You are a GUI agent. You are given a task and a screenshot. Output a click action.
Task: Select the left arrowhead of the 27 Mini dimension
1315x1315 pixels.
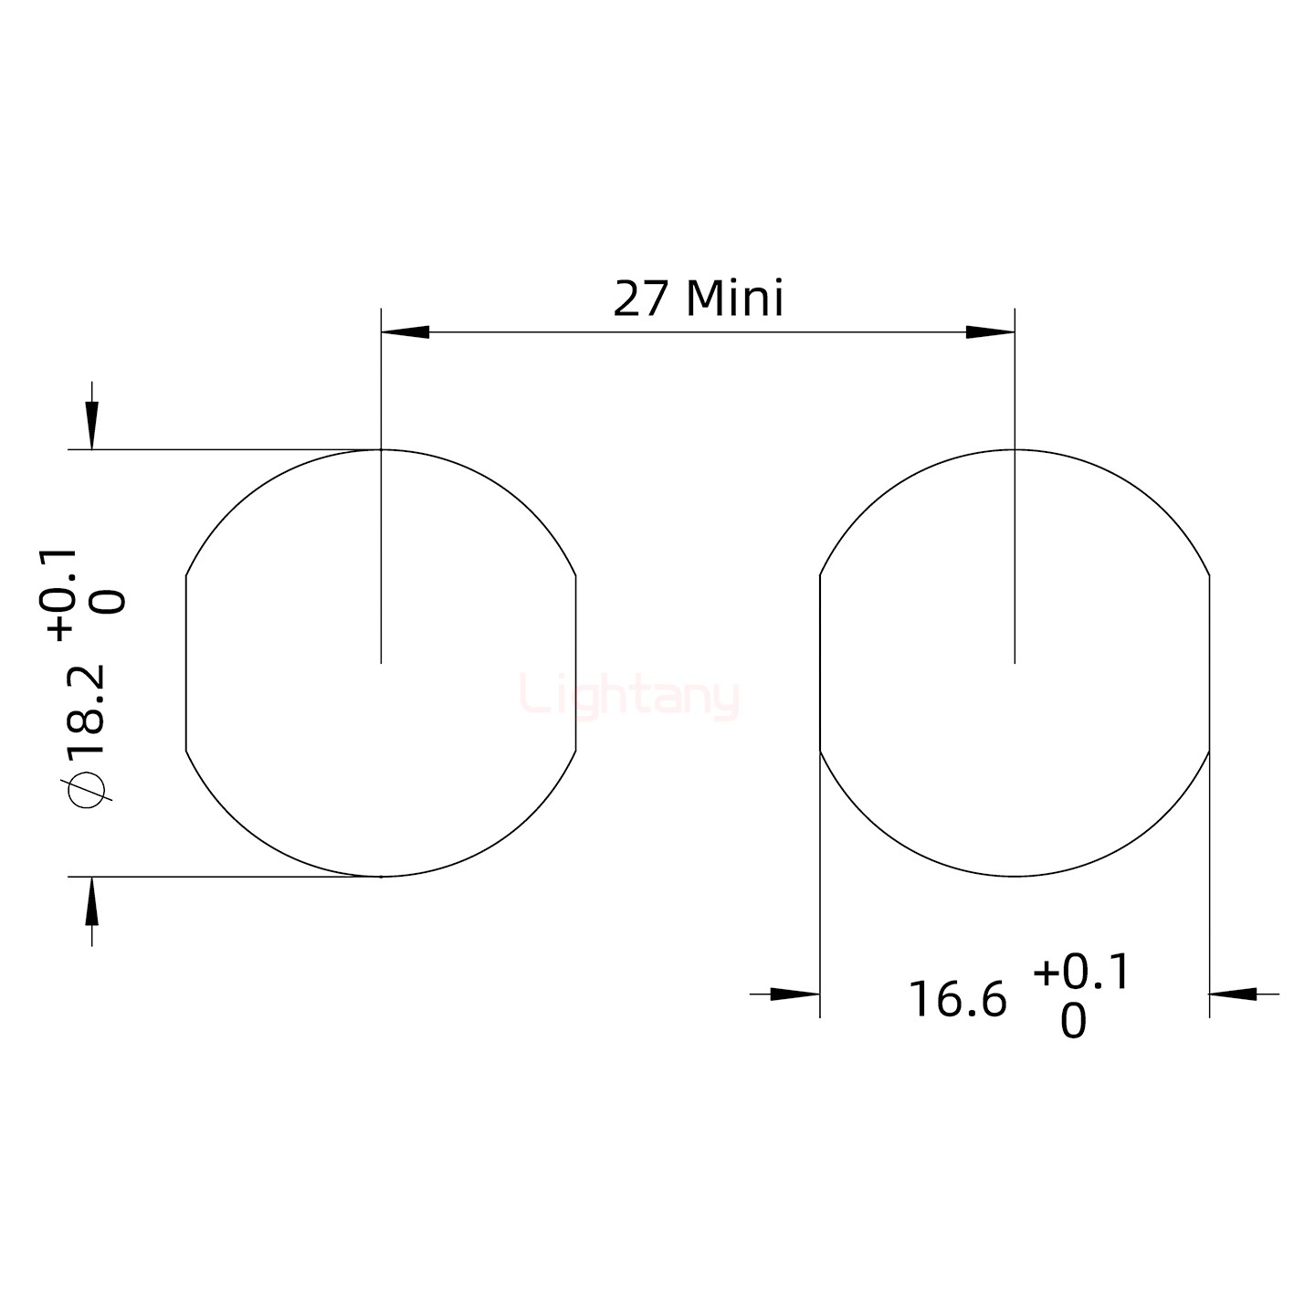pos(405,332)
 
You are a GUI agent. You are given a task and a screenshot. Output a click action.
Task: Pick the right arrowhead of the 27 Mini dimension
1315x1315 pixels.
pos(990,332)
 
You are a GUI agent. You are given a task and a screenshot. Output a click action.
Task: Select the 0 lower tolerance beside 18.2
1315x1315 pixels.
pos(110,603)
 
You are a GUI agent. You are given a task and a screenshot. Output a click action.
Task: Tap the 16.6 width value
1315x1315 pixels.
pos(956,999)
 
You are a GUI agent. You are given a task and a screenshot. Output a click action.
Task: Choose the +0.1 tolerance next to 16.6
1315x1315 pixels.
pos(1081,973)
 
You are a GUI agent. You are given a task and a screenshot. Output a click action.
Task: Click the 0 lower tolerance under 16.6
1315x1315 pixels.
pos(1073,1022)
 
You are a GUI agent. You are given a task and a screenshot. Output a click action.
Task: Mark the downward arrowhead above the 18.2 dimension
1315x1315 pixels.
pos(91,426)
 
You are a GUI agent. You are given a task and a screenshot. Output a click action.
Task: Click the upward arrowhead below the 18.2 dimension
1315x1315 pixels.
pos(91,899)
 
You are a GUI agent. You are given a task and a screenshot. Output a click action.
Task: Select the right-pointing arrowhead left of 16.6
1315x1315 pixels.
pos(794,994)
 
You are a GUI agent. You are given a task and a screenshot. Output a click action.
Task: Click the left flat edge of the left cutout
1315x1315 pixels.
pos(186,663)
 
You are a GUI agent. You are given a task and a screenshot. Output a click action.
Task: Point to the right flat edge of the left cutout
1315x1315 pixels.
pos(576,663)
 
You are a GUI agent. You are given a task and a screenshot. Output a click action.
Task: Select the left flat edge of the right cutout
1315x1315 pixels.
pos(820,663)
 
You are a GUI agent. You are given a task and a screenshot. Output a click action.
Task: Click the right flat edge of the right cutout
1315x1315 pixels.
pos(1209,663)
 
